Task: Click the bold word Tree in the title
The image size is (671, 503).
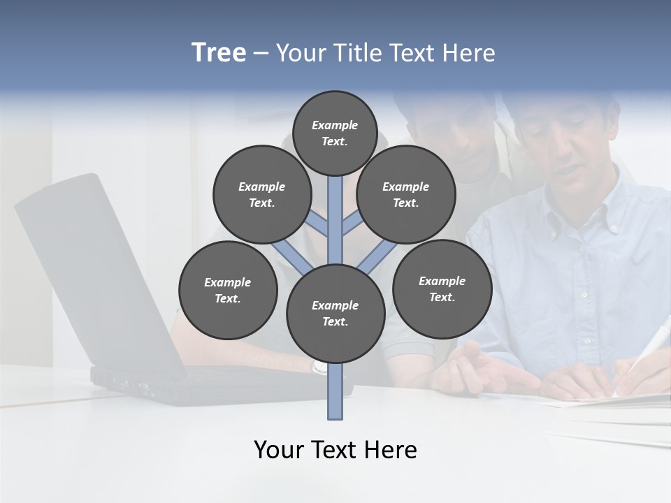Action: point(219,52)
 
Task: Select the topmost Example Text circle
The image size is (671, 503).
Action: point(335,133)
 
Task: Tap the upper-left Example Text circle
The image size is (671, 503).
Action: point(262,194)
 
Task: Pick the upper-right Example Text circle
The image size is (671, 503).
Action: point(406,194)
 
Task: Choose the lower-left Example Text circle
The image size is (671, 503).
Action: point(228,290)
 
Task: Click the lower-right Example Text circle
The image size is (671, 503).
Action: point(442,289)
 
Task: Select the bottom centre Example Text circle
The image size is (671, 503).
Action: point(335,314)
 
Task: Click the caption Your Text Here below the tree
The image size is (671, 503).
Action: point(335,450)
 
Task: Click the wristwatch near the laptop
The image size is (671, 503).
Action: point(319,367)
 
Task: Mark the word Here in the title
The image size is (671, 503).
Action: point(470,52)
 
